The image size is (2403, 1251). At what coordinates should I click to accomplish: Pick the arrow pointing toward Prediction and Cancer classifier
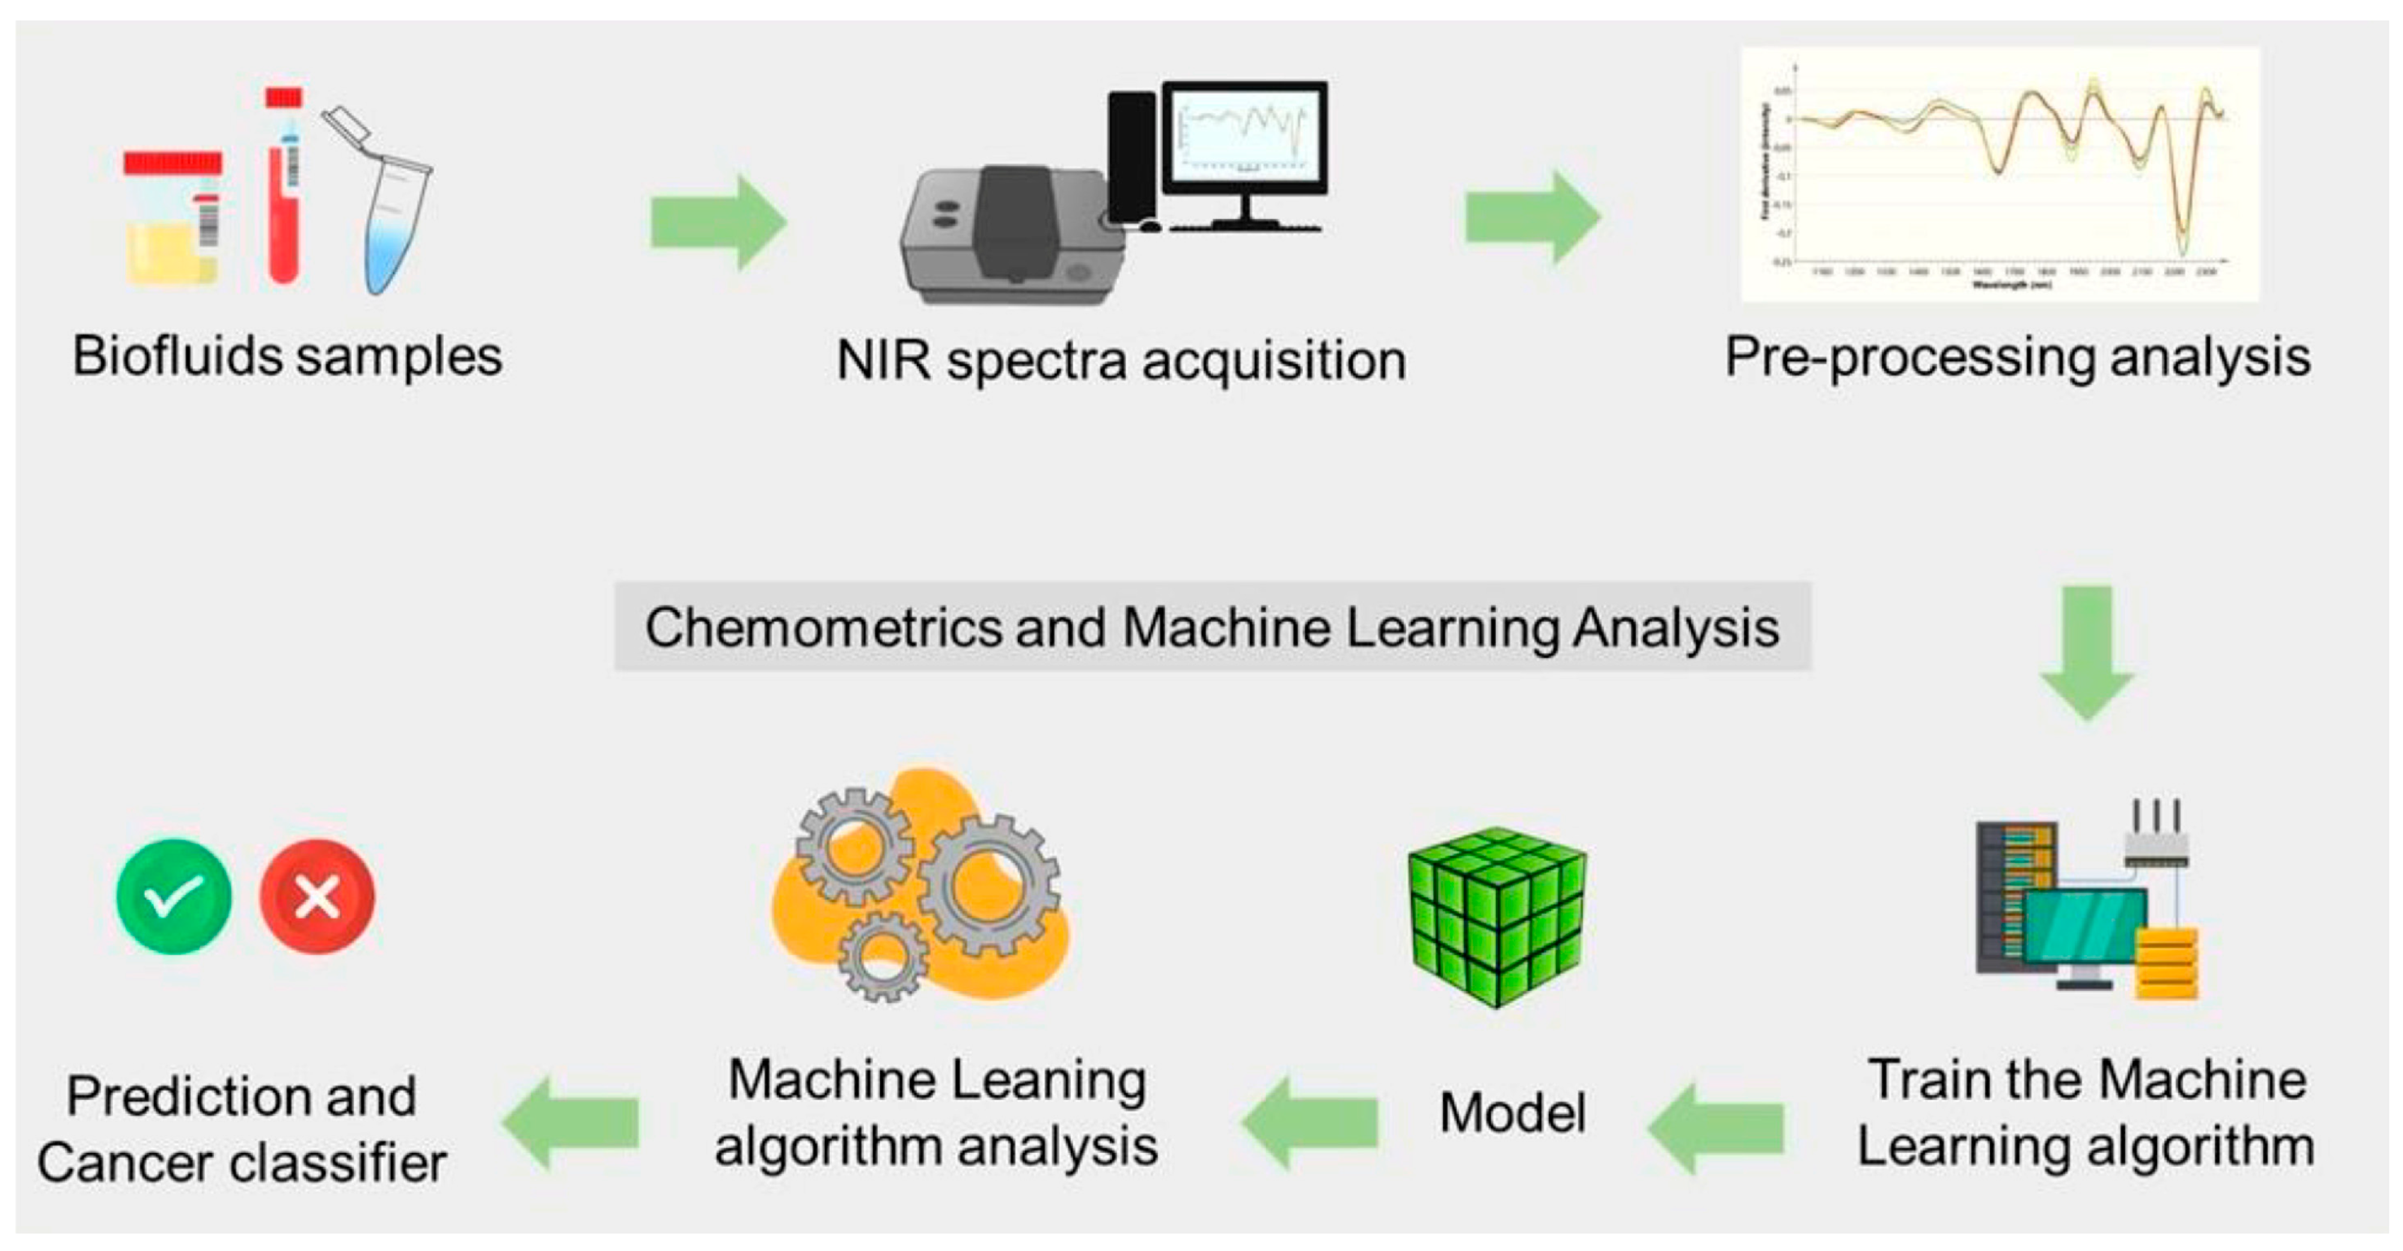(x=571, y=1122)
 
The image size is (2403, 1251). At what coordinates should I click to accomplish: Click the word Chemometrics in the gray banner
(x=821, y=627)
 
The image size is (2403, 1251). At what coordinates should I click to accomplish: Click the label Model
(x=1512, y=1113)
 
